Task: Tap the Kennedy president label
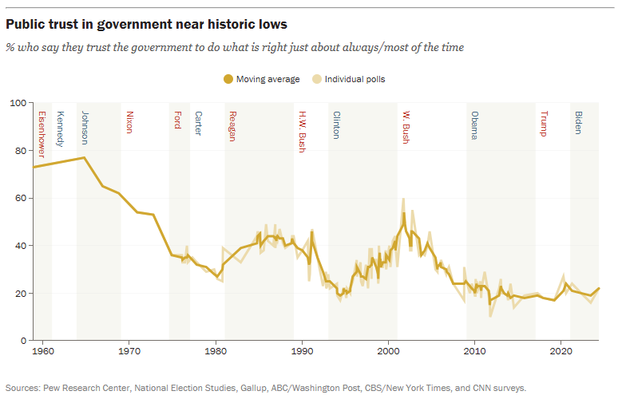(x=60, y=128)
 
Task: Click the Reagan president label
(x=232, y=126)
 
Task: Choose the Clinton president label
(x=336, y=126)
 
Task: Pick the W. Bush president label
(x=406, y=127)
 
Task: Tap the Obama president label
(x=474, y=125)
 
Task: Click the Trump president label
(x=545, y=123)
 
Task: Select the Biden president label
(x=579, y=122)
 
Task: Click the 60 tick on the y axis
(x=22, y=198)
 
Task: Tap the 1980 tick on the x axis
(x=215, y=350)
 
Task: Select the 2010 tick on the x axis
(x=474, y=350)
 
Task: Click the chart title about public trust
(x=147, y=26)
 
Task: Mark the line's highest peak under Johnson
(x=85, y=157)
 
